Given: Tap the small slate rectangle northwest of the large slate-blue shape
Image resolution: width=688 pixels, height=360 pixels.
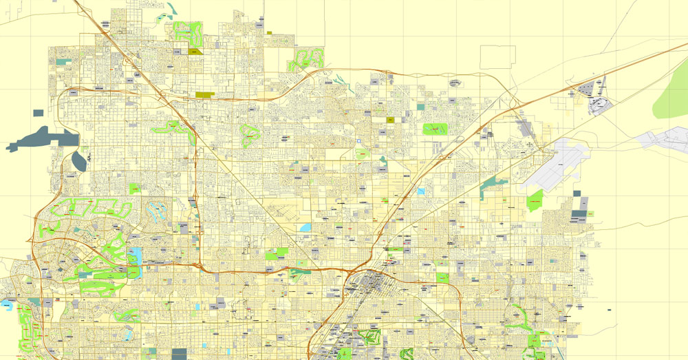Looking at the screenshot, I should coord(38,112).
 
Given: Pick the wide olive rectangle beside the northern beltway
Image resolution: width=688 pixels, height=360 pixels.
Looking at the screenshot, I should coord(205,95).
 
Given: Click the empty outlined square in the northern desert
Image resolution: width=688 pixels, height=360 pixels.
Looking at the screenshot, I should coord(497,57).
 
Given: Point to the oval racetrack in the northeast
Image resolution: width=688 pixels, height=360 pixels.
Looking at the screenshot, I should coord(599,105).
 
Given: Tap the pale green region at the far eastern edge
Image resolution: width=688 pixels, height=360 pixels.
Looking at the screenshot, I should coord(671,96).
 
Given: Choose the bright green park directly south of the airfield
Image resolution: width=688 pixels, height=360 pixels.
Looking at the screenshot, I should coord(535,200).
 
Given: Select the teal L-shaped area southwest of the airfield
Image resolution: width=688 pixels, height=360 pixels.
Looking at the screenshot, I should coord(492,184).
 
